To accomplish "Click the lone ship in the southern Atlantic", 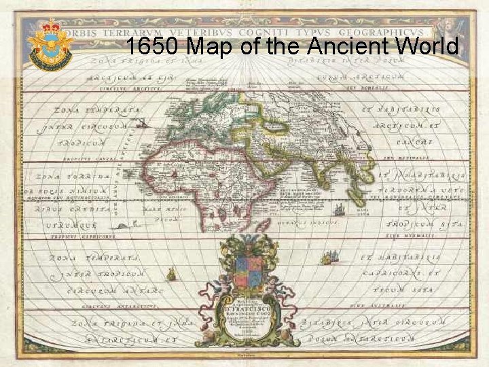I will (172, 274).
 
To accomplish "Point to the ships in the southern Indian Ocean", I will (329, 257).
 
